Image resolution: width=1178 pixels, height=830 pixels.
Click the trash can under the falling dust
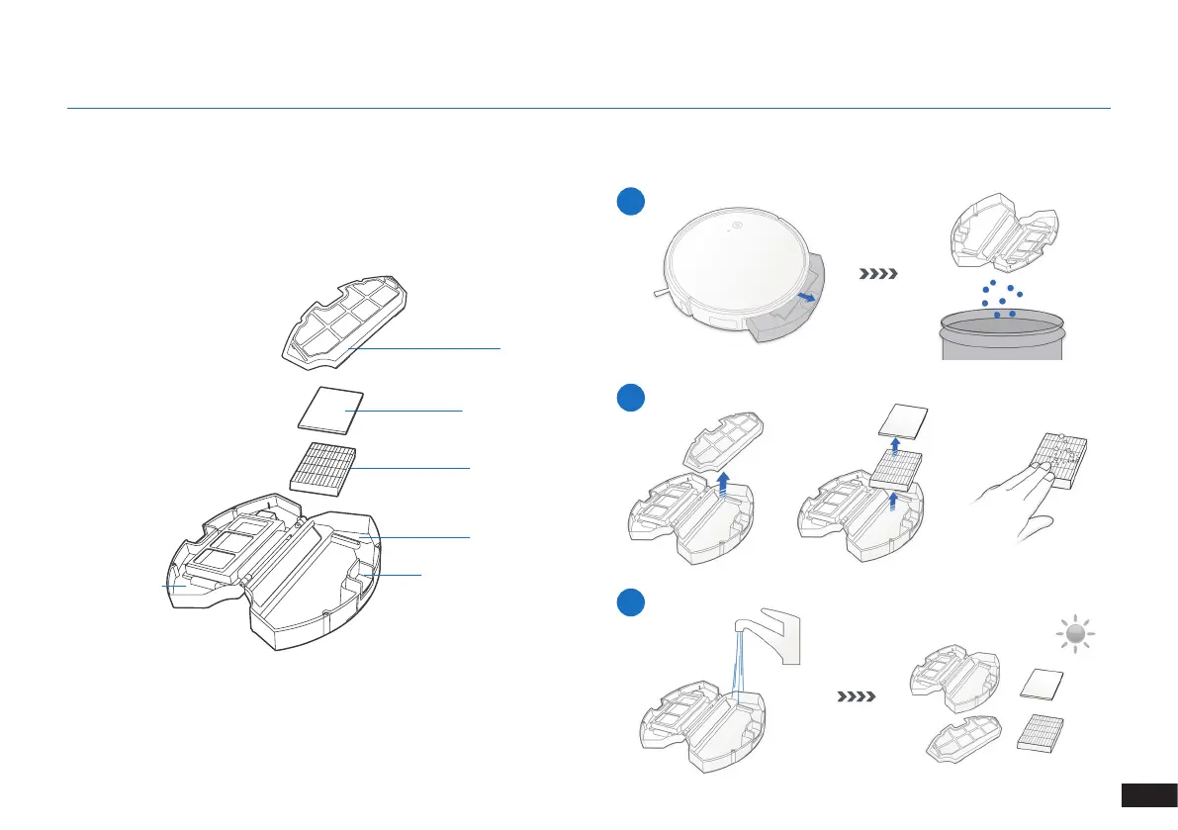pos(1000,335)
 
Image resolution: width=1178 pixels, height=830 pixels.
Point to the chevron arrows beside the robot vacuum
pos(878,274)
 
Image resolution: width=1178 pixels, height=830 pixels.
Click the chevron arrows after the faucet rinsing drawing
pos(857,696)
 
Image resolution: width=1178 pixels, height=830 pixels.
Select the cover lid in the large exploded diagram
pos(342,316)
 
